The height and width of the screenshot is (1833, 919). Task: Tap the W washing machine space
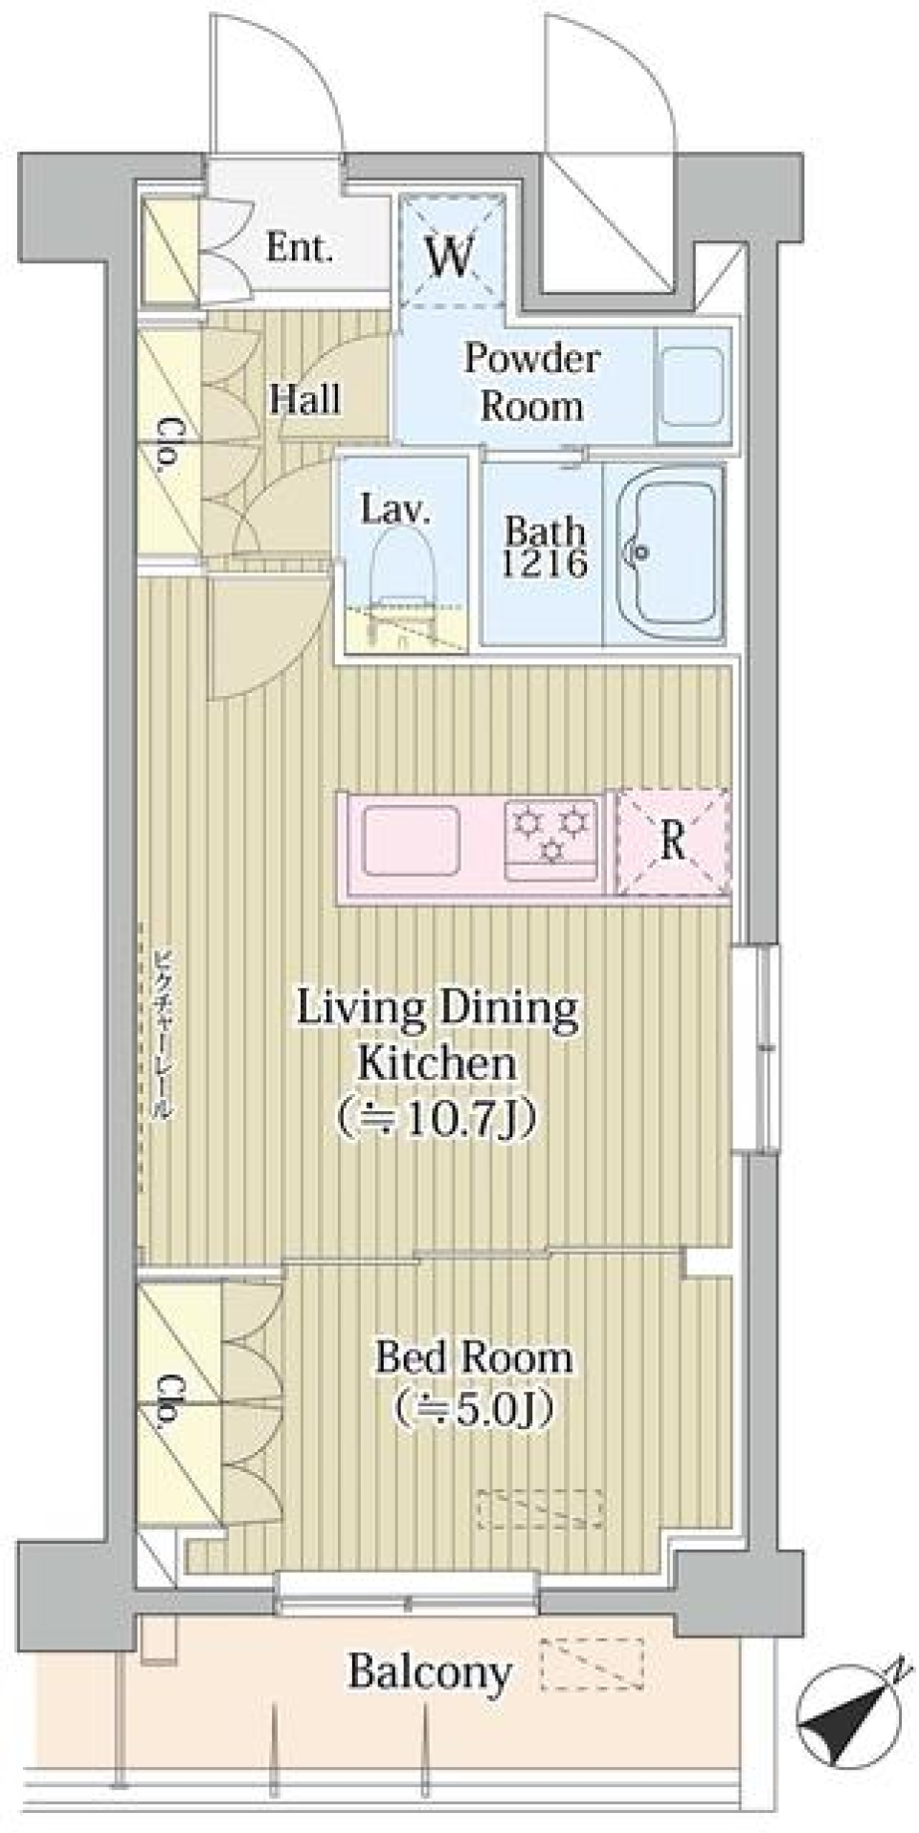pyautogui.click(x=450, y=250)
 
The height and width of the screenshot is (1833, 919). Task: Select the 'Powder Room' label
pyautogui.click(x=532, y=383)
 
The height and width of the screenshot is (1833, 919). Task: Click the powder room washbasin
pyautogui.click(x=693, y=387)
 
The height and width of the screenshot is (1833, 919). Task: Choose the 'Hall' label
pyautogui.click(x=305, y=398)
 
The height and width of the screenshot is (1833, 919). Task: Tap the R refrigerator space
pyautogui.click(x=673, y=841)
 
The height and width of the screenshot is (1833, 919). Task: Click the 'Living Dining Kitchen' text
pyautogui.click(x=438, y=1036)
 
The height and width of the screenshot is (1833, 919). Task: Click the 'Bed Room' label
pyautogui.click(x=474, y=1357)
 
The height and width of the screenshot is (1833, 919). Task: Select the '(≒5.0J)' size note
pyautogui.click(x=475, y=1406)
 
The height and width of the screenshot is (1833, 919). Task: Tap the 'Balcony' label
pyautogui.click(x=429, y=1672)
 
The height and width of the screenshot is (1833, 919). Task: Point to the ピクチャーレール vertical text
pyautogui.click(x=164, y=1035)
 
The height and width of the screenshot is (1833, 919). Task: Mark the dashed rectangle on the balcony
pyautogui.click(x=592, y=1664)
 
